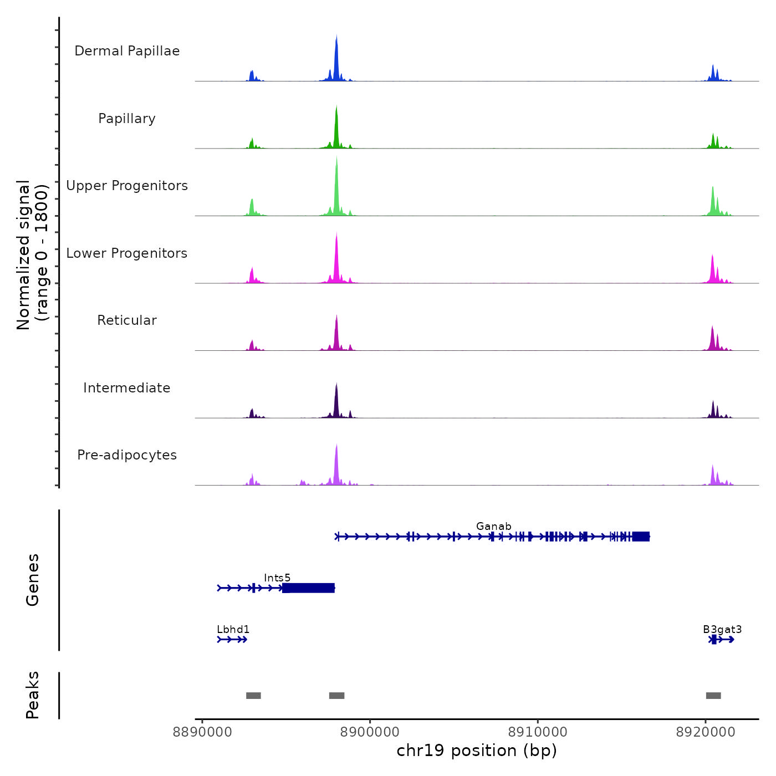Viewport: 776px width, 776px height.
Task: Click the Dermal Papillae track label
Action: [127, 51]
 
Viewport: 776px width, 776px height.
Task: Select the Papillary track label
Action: [127, 119]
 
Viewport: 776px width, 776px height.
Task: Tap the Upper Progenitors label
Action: [127, 186]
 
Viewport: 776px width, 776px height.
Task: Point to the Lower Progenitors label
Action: [127, 253]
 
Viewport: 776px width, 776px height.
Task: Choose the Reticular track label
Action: [127, 320]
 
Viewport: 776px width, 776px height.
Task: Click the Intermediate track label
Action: [127, 388]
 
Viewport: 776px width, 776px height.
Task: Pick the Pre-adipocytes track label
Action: [127, 455]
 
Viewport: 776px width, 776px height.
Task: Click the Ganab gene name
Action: [493, 526]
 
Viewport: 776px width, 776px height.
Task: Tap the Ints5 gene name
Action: [277, 578]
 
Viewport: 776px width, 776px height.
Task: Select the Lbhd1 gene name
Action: [233, 629]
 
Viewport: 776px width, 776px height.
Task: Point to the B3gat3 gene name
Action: [722, 629]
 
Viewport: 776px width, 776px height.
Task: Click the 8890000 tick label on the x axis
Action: [202, 732]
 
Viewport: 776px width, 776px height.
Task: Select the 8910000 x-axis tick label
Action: [538, 732]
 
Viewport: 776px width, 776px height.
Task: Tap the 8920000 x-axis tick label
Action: [706, 732]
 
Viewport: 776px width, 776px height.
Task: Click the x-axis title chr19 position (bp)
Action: [477, 751]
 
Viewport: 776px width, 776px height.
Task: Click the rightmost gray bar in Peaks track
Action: [713, 696]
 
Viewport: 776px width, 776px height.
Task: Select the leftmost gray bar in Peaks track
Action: [253, 696]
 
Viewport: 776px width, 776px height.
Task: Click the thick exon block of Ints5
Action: [308, 588]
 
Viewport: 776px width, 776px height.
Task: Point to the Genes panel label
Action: [33, 580]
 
